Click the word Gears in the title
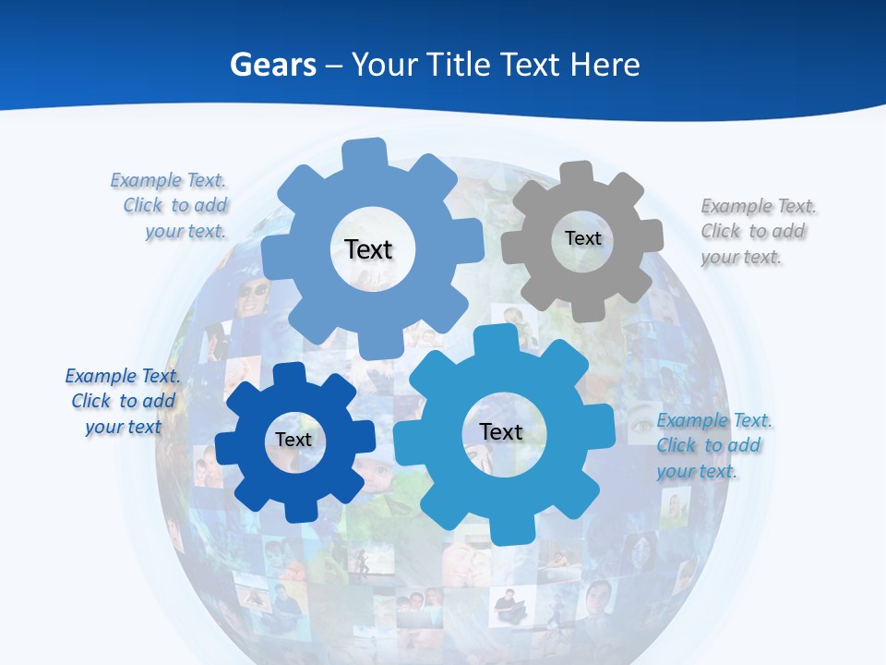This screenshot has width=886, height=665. (272, 65)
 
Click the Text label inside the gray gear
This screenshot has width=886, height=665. (582, 238)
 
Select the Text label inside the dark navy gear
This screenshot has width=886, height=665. (293, 440)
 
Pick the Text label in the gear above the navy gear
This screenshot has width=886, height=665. (368, 249)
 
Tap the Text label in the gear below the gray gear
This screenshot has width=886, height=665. (500, 431)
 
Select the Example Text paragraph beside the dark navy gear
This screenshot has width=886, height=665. (123, 401)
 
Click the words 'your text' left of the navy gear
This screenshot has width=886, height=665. (123, 427)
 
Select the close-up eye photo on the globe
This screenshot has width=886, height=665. (642, 424)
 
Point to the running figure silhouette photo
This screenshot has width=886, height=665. (360, 559)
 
